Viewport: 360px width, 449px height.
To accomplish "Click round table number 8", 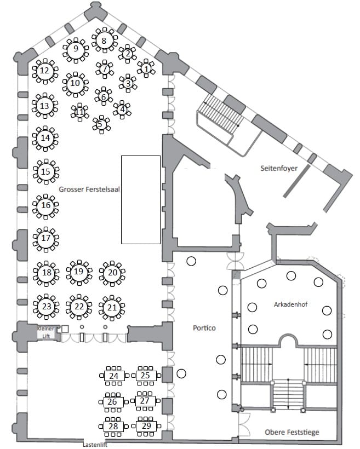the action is tap(104, 41).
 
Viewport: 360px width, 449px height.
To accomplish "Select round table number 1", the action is tap(146, 68).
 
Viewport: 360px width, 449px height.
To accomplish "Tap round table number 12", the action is tap(45, 71).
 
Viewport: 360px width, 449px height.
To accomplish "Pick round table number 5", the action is tap(101, 124).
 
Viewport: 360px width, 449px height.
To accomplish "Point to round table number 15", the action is tap(46, 171).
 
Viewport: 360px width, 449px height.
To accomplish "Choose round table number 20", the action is tap(112, 273).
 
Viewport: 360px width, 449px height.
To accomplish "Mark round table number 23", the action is tap(46, 307).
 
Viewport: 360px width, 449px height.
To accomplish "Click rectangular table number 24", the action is tap(114, 376).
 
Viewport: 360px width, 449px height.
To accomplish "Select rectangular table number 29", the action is tap(146, 426).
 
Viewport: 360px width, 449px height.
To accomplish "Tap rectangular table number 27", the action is tap(145, 401).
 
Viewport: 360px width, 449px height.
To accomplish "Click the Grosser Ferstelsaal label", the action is tap(89, 189).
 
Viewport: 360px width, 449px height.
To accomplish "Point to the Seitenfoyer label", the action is tap(279, 168).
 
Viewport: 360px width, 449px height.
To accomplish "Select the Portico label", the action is tap(204, 328).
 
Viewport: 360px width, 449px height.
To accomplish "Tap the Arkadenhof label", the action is tap(290, 304).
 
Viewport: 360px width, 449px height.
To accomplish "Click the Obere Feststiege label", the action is tap(292, 432).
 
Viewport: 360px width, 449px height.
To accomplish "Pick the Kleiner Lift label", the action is tap(46, 332).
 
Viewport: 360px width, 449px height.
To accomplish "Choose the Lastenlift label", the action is tap(95, 445).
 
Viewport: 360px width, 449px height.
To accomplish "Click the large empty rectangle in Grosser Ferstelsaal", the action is tap(141, 200).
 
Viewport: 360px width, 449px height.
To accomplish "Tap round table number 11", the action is tap(79, 112).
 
